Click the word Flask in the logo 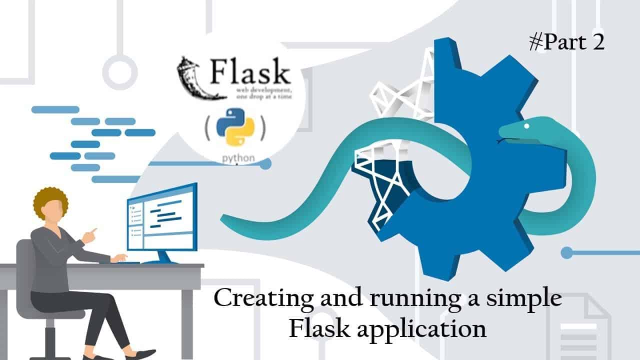pyautogui.click(x=250, y=70)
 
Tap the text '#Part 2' pyautogui.click(x=567, y=43)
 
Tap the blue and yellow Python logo pyautogui.click(x=235, y=127)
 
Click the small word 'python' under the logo pyautogui.click(x=238, y=158)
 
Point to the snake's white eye pyautogui.click(x=527, y=125)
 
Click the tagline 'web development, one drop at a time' pyautogui.click(x=263, y=93)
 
